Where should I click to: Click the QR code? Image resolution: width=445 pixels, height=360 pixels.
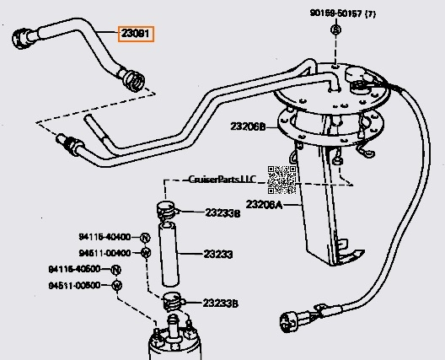click(x=282, y=180)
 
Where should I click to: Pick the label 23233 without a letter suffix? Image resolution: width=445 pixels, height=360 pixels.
click(x=217, y=253)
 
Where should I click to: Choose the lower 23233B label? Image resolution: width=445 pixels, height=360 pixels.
click(x=221, y=302)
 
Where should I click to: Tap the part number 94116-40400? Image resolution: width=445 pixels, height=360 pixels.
click(x=106, y=237)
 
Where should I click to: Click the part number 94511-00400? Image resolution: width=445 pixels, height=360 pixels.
click(x=106, y=252)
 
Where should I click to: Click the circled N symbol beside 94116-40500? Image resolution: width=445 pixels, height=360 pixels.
click(x=116, y=270)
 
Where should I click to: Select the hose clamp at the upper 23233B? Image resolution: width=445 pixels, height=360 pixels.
click(x=167, y=209)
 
